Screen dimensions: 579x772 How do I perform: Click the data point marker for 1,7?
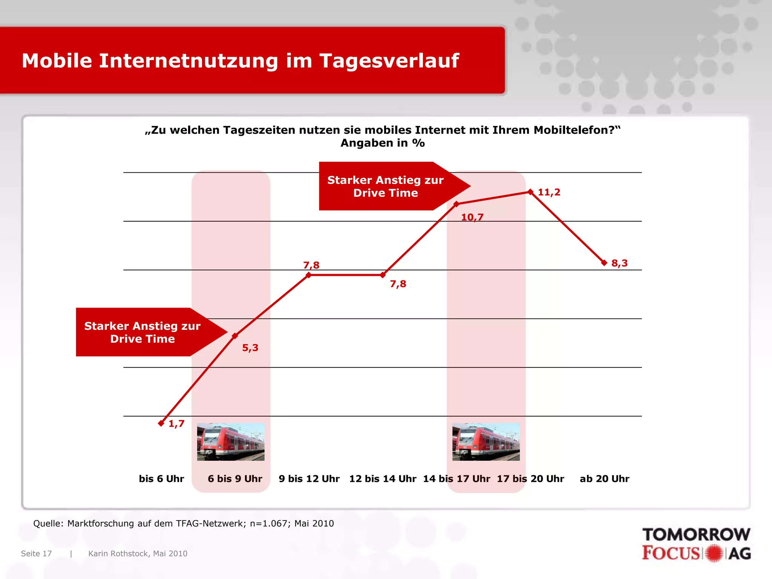[x=161, y=423]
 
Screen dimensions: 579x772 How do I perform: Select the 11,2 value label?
[x=549, y=192]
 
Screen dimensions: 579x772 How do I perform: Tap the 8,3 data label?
[x=619, y=263]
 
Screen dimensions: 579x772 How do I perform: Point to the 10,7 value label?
[x=472, y=217]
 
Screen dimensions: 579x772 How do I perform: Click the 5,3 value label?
[x=250, y=348]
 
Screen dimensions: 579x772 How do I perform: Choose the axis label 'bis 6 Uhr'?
[x=161, y=479]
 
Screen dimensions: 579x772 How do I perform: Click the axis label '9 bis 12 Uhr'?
[x=309, y=479]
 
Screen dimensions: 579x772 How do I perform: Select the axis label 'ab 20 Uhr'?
[x=604, y=479]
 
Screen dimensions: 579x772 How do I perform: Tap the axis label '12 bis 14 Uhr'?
[x=383, y=479]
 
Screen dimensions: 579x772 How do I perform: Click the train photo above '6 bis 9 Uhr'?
[x=231, y=442]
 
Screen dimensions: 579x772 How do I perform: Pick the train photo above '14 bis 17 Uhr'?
[x=486, y=442]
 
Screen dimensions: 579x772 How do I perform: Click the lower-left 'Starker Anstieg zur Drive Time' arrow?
[x=143, y=332]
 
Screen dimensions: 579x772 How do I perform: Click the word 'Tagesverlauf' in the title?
[x=389, y=61]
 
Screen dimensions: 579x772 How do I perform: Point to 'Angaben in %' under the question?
[x=383, y=143]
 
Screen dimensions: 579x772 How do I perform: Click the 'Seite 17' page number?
[x=36, y=553]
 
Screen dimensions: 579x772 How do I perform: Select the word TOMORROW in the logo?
[x=696, y=535]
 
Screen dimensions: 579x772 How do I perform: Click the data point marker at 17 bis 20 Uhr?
[x=530, y=192]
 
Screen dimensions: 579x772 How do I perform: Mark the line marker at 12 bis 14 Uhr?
[x=383, y=275]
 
